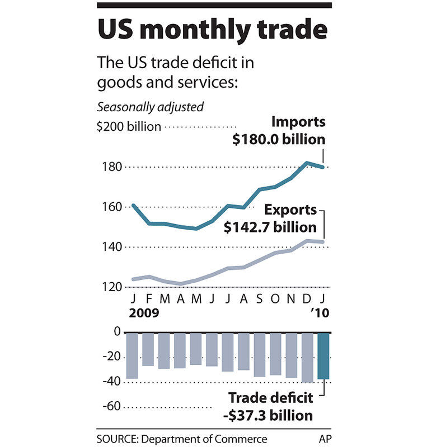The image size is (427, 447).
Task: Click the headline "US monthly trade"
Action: (213, 31)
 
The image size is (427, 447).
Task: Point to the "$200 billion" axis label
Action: (129, 127)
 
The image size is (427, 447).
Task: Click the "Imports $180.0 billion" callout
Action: (279, 131)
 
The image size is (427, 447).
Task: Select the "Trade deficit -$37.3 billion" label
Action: (270, 407)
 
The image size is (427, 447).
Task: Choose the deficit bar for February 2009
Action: (148, 349)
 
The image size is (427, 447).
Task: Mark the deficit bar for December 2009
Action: (308, 358)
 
